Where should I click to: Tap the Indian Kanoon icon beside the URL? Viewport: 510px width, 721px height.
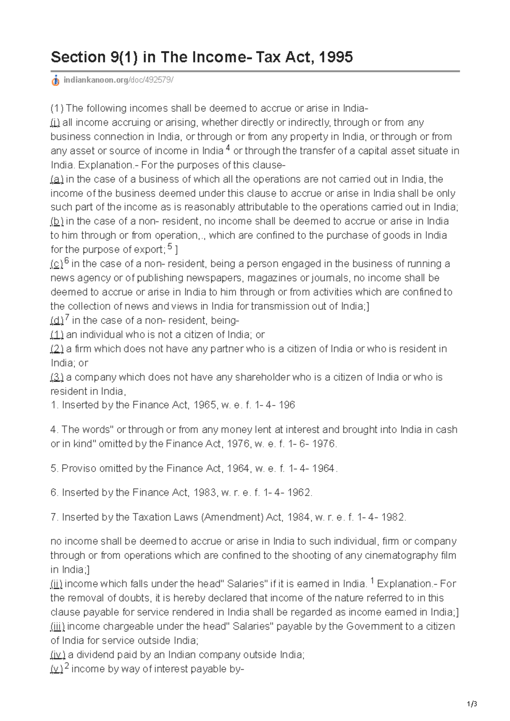pos(55,81)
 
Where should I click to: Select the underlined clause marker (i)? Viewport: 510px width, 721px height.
pos(55,123)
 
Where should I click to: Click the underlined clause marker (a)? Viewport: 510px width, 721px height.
pos(57,179)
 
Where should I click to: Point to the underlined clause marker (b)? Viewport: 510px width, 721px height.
pos(57,221)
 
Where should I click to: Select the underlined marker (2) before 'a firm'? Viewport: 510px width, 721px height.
pos(57,349)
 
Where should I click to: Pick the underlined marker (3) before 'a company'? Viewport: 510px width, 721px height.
pos(57,377)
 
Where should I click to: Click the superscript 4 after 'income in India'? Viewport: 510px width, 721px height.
pos(228,148)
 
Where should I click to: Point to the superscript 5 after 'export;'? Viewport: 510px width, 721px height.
pos(170,247)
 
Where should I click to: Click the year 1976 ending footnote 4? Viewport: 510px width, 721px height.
pos(324,444)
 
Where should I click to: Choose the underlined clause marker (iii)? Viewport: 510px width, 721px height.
pos(57,626)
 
